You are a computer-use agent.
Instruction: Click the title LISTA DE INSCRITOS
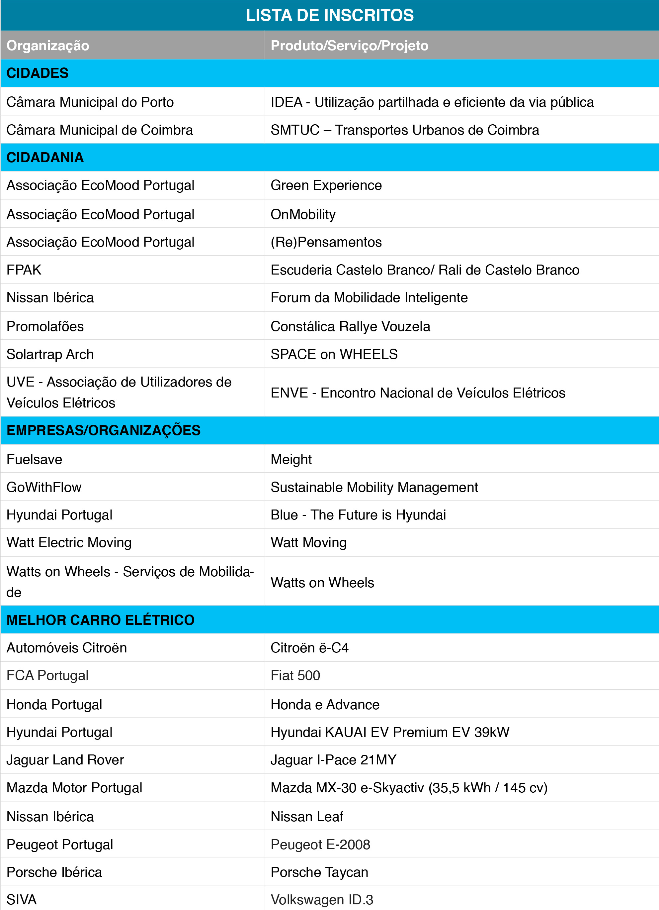(329, 15)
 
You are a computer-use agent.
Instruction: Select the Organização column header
(48, 45)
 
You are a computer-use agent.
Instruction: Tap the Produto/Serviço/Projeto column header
(350, 45)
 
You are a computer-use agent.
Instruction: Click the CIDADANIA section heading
(45, 157)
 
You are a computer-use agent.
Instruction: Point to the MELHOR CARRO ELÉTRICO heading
(101, 620)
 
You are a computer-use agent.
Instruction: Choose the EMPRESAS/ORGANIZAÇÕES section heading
(104, 430)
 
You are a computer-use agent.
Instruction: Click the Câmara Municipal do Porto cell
(90, 102)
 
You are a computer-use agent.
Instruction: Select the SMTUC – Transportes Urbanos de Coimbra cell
(405, 130)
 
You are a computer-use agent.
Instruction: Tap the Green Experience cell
(326, 185)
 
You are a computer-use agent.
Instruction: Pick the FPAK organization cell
(24, 270)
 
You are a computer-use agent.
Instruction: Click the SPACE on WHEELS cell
(334, 354)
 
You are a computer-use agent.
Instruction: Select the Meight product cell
(291, 459)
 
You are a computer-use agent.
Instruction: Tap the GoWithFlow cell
(44, 487)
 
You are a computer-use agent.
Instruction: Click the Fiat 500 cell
(295, 675)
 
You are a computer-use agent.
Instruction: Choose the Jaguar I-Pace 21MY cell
(334, 759)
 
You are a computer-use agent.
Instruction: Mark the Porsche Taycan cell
(319, 872)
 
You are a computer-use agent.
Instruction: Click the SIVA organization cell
(22, 900)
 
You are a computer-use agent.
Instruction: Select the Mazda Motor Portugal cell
(75, 788)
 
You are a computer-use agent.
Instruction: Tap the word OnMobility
(303, 214)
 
